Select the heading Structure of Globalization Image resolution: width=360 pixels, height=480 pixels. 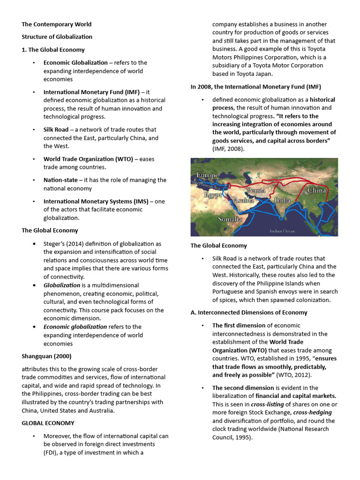(57, 37)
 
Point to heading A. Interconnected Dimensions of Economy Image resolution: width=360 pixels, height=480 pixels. (248, 312)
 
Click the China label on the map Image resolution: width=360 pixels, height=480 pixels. (316, 190)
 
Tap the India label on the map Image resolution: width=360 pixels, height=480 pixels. (282, 201)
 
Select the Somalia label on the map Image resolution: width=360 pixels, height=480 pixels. (230, 219)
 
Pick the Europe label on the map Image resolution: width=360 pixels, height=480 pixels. (207, 175)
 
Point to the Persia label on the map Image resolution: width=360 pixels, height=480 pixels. (256, 190)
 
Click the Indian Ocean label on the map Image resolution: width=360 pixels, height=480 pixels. (282, 231)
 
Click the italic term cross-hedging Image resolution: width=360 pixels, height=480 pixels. (312, 412)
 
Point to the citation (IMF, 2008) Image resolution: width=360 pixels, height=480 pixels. (228, 149)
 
